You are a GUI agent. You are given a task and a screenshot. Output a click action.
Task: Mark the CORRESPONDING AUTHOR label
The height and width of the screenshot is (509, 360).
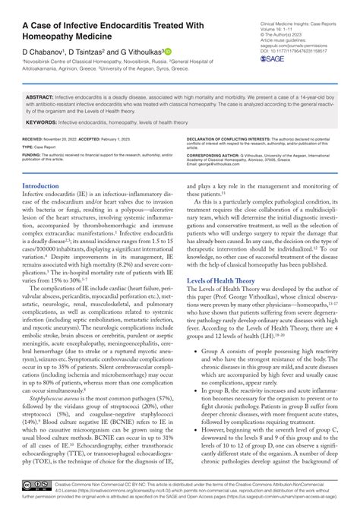pyautogui.click(x=218, y=154)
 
